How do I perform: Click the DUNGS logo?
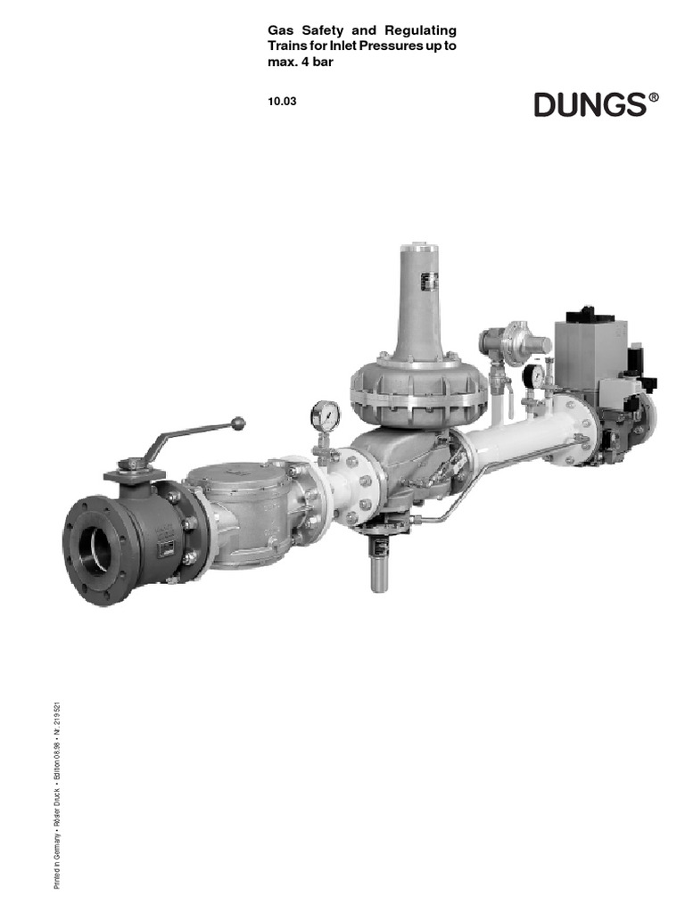[590, 105]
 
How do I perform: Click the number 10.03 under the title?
[281, 101]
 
